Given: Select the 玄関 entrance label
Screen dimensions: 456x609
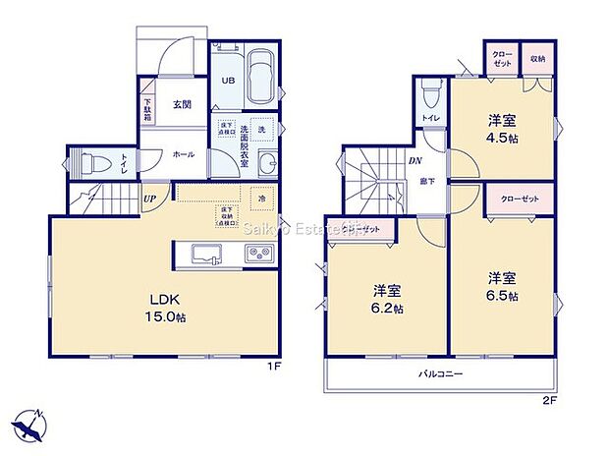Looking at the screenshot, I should point(184,105).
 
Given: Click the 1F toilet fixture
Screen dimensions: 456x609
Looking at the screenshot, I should point(90,163).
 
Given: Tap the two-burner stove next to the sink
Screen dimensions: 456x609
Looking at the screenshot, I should point(259,254).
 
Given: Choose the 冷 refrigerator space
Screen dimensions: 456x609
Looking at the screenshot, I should point(262,196).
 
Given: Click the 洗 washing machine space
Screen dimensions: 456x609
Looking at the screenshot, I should point(261,129).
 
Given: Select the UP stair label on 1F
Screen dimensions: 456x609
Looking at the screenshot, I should point(149,199).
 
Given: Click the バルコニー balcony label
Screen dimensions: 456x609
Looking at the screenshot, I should point(441,374).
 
